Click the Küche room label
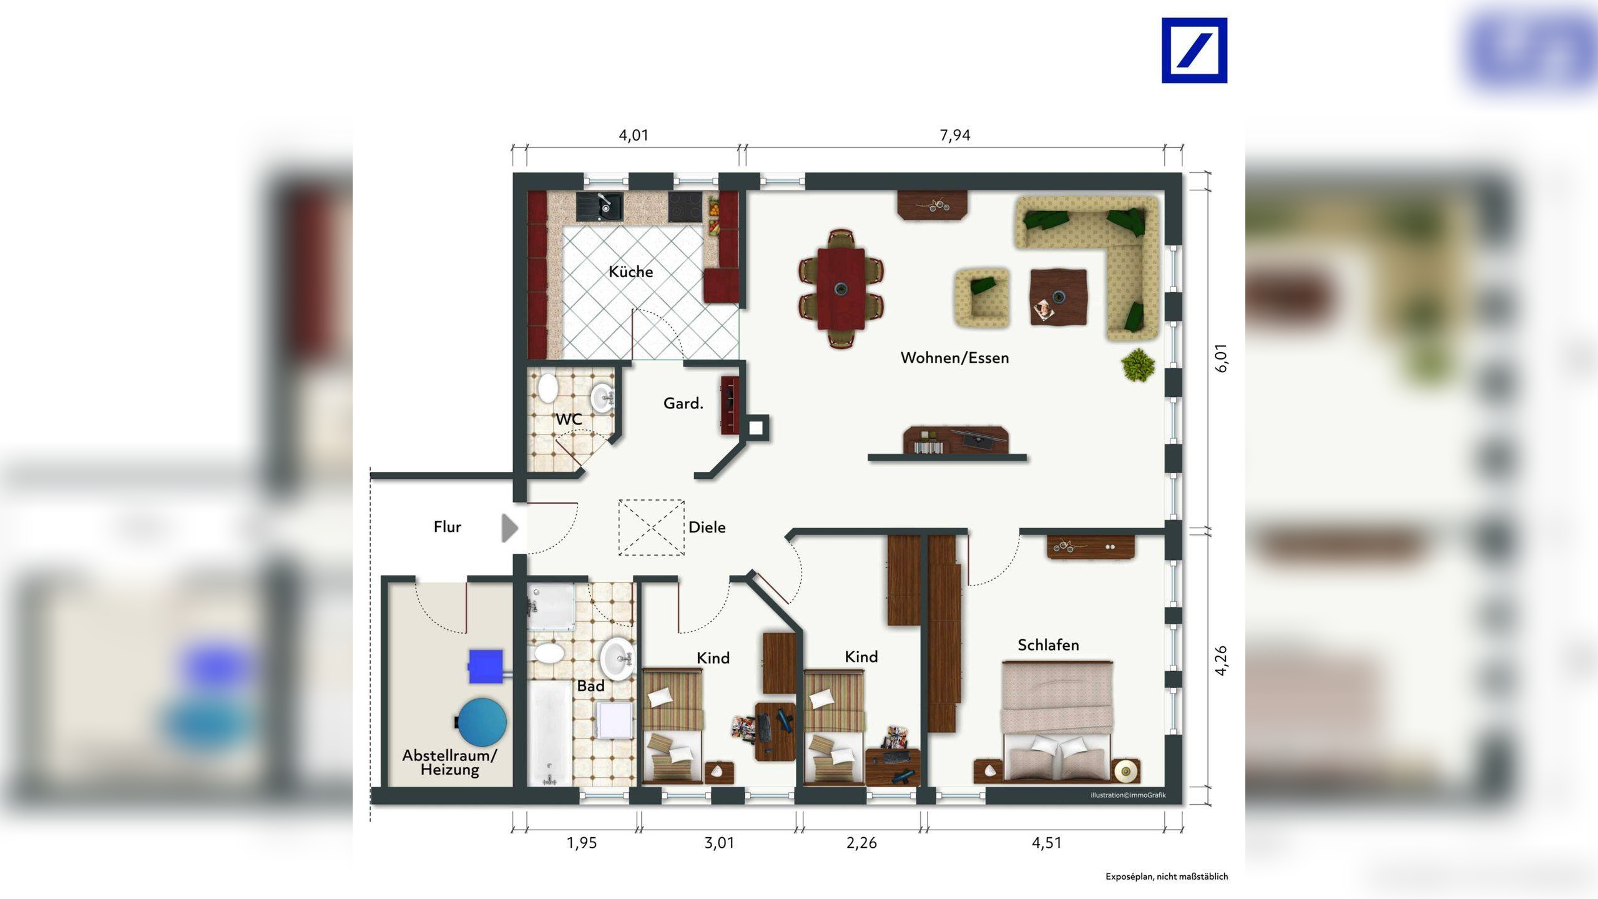click(x=630, y=272)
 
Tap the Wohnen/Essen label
click(x=954, y=358)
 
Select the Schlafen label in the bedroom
click(x=1048, y=645)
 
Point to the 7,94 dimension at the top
click(x=955, y=135)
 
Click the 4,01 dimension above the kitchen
click(x=634, y=135)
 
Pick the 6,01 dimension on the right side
click(x=1221, y=358)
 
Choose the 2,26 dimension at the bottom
click(x=861, y=843)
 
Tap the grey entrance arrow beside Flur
click(x=510, y=528)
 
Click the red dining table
click(x=841, y=288)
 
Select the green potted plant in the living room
click(x=1138, y=365)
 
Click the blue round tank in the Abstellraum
click(x=483, y=722)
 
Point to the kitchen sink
click(x=599, y=207)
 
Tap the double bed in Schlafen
click(x=1057, y=721)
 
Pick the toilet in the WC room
click(x=547, y=387)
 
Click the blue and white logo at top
click(x=1194, y=50)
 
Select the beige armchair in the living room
click(x=982, y=298)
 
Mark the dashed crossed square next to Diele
click(x=651, y=528)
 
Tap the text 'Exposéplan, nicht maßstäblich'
click(x=1167, y=877)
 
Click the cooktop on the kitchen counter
click(x=685, y=207)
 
